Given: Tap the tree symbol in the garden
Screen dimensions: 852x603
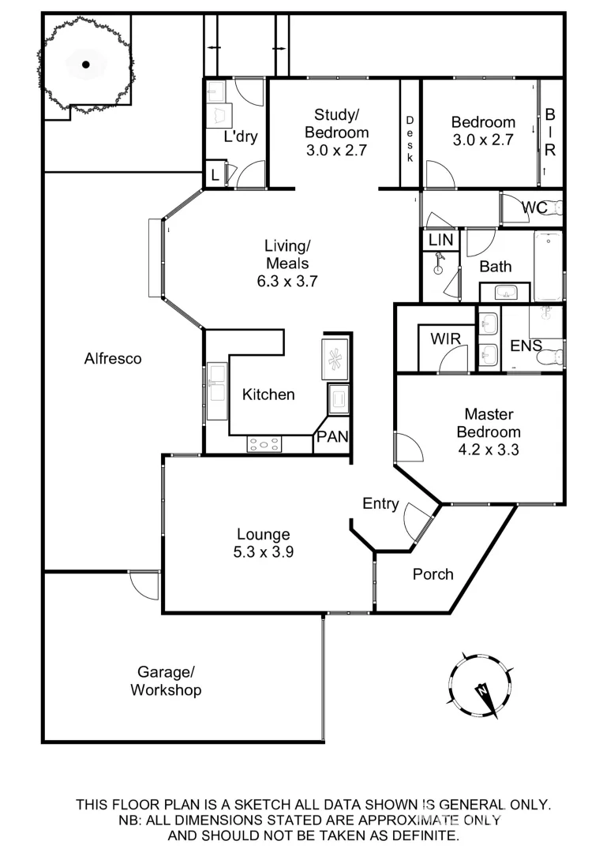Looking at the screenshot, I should tap(85, 65).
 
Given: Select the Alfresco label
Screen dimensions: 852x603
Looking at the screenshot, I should tap(113, 359).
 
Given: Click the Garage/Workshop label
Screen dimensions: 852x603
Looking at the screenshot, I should tap(166, 682).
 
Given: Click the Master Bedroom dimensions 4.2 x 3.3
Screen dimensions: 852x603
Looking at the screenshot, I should tap(489, 450).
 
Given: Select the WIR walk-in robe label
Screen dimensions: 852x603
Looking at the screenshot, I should tap(445, 339).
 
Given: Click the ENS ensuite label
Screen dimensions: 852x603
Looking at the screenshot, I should tap(526, 345).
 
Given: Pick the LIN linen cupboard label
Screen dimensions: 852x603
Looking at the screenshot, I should tap(440, 239).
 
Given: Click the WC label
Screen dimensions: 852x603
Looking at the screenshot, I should tap(534, 208).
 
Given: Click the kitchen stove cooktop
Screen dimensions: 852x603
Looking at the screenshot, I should tap(264, 444).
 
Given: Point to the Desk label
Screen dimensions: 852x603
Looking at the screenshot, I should tap(410, 139).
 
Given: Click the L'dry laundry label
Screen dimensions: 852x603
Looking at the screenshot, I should tap(240, 136).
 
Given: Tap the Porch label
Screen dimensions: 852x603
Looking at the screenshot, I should tap(433, 574).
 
